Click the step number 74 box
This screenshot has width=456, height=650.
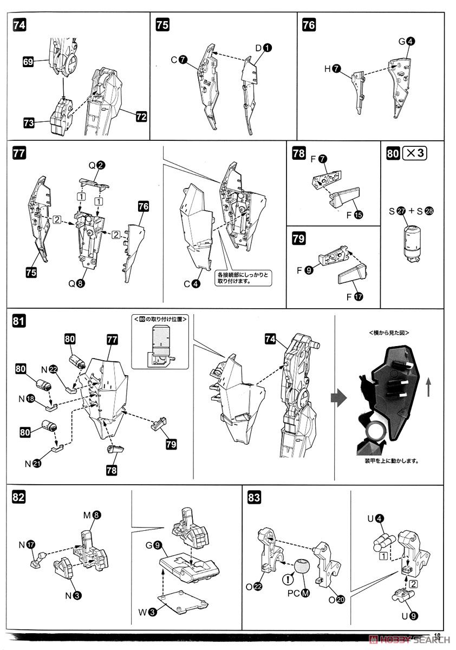tap(18, 25)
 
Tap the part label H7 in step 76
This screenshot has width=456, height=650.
tap(333, 69)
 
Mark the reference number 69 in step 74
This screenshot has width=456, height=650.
tap(29, 62)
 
